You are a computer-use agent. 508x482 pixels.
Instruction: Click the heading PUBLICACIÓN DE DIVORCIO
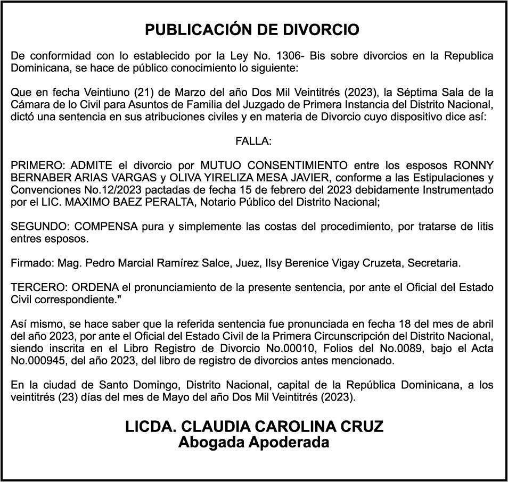252,30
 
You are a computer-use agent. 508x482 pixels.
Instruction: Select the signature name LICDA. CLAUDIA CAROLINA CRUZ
254,427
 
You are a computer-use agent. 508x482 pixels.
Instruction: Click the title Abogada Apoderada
254,442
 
